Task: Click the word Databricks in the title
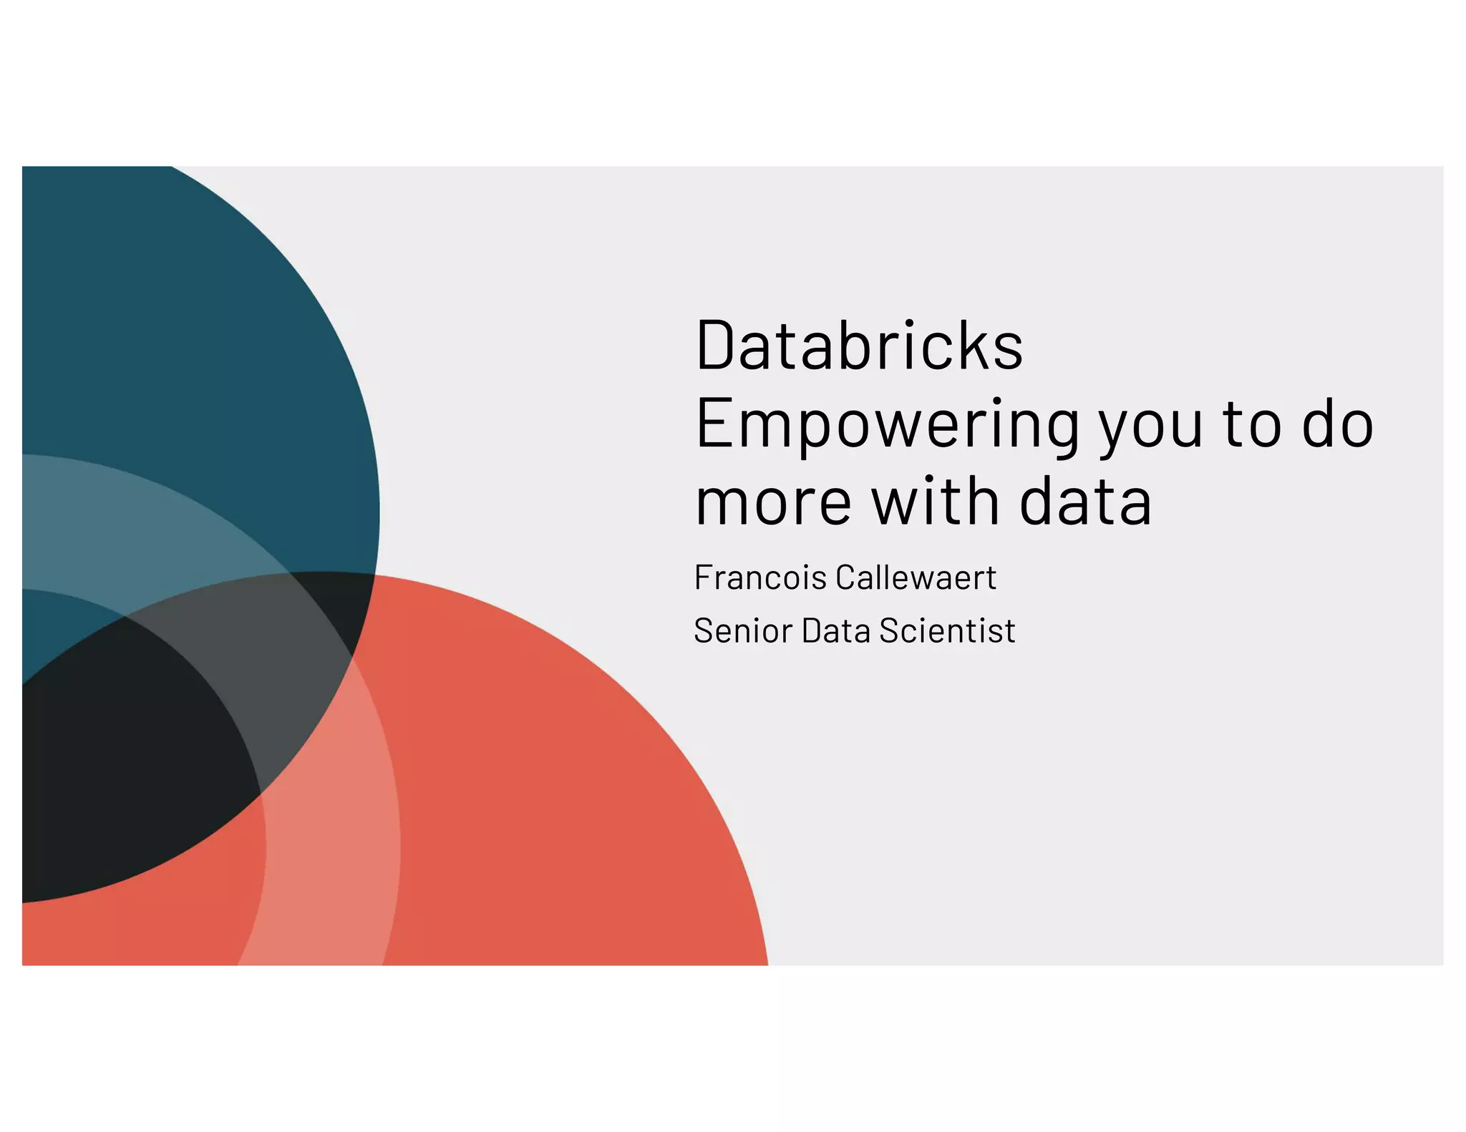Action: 859,346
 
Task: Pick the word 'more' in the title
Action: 774,502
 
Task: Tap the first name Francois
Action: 760,577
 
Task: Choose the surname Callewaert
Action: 916,577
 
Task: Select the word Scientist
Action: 947,631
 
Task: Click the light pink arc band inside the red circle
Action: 329,859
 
